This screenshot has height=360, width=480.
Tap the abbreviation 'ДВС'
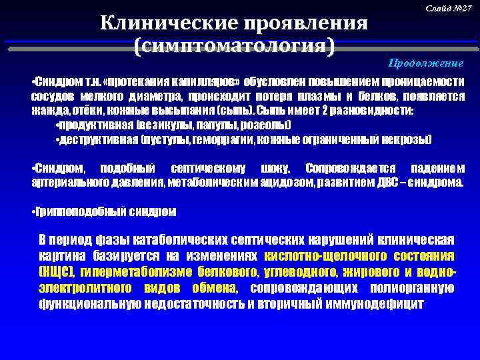point(390,180)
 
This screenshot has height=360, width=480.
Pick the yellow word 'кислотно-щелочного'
point(316,256)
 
